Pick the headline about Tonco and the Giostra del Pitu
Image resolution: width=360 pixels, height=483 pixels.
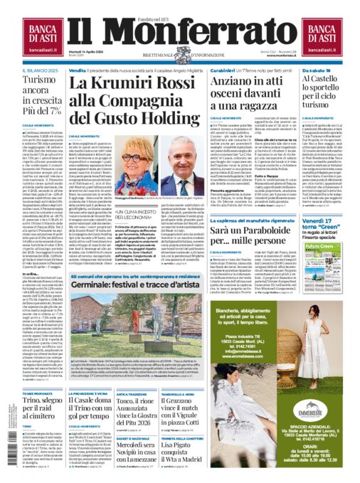pyautogui.click(x=145, y=409)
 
